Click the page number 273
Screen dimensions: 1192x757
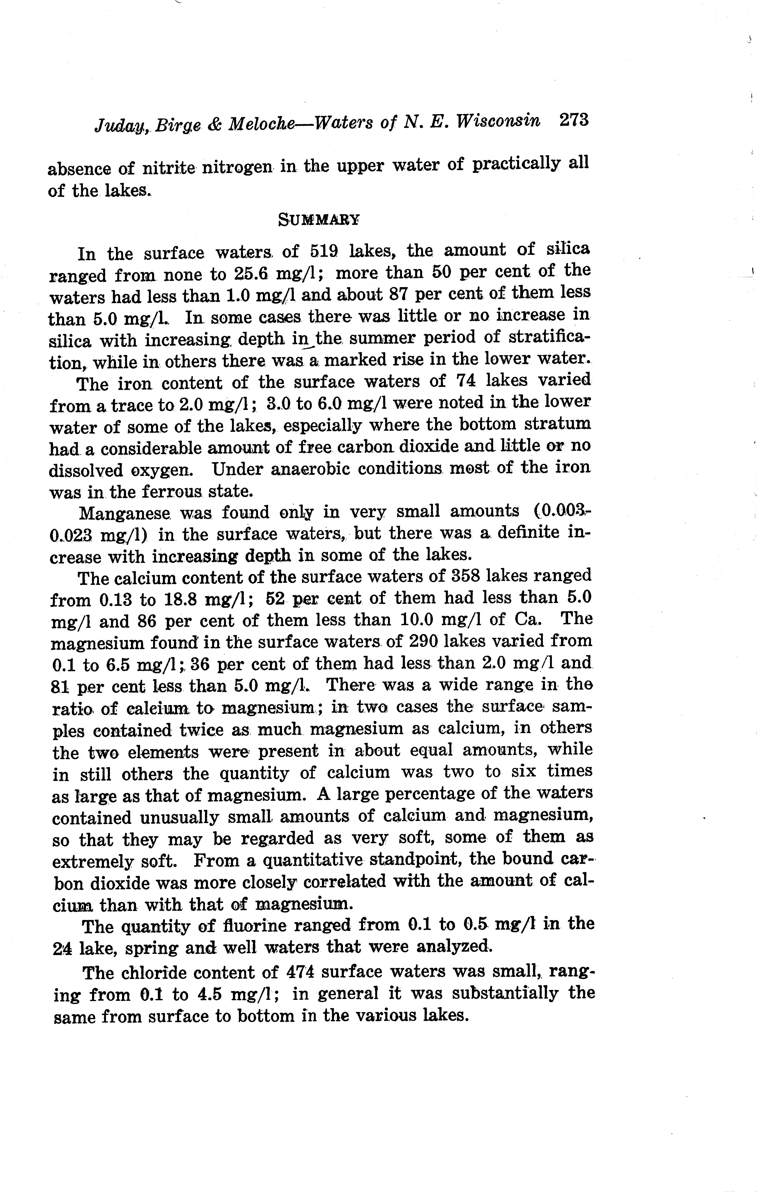point(573,120)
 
